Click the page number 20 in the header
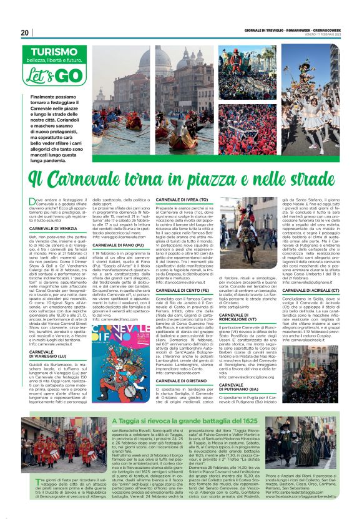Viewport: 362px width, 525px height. (x=24, y=32)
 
